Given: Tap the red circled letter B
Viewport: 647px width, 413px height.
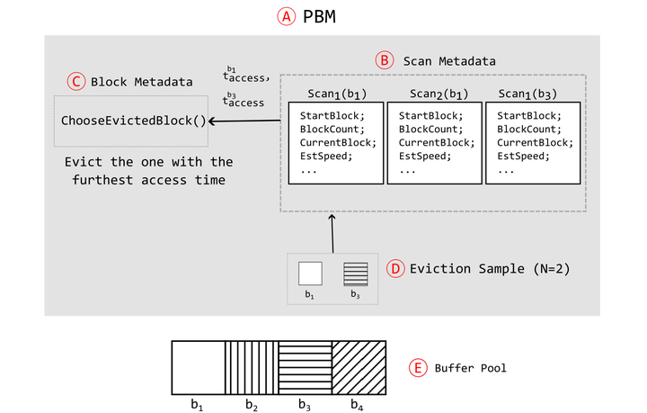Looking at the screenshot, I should (384, 61).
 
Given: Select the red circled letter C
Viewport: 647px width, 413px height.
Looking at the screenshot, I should (77, 82).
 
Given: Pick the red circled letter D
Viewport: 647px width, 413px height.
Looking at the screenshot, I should (395, 268).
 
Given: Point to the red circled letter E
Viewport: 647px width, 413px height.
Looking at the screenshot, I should (417, 367).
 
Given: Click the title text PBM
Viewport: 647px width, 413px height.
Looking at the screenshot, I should (318, 16).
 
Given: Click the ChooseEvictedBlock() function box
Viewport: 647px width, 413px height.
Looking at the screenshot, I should (132, 121).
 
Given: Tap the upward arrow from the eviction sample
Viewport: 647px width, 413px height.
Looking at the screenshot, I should (332, 233).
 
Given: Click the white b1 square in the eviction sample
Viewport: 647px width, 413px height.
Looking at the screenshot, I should (310, 273).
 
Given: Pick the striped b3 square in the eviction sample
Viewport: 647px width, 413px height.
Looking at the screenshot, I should (355, 273).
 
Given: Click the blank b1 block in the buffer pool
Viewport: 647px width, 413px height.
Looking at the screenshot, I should (198, 366).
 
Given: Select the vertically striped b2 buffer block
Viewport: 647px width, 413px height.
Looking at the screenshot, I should (252, 366).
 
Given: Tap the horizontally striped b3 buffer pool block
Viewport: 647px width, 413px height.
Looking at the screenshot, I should (306, 366).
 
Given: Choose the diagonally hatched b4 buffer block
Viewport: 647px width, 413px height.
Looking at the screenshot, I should (359, 366).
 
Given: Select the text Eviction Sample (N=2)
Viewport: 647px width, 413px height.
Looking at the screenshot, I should (490, 268).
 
